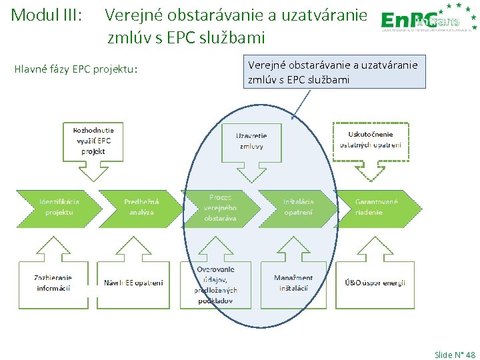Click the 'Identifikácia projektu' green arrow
[x=58, y=207]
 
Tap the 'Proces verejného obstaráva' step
[x=220, y=207]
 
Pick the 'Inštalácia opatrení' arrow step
[x=298, y=207]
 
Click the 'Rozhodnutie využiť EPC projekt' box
[x=93, y=141]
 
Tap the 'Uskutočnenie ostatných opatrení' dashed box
[x=371, y=139]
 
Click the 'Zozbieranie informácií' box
[x=53, y=283]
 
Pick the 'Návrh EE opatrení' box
[x=133, y=283]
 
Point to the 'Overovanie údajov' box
[x=215, y=284]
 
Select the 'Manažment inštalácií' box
[x=293, y=283]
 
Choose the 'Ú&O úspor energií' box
[x=375, y=283]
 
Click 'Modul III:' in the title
[x=47, y=14]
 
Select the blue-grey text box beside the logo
[x=333, y=72]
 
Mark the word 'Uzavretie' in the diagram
[x=251, y=136]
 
